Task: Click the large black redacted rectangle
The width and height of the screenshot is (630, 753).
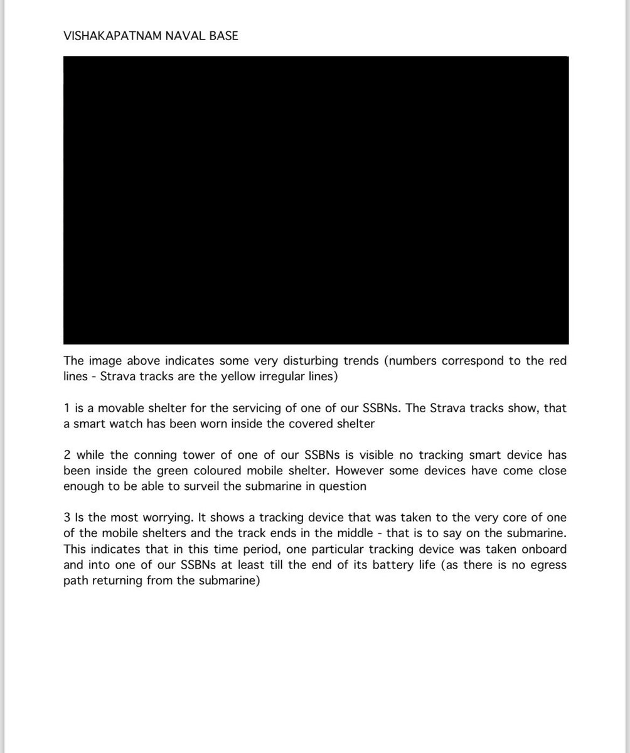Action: (x=316, y=200)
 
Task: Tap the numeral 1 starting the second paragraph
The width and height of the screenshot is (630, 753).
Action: (x=67, y=409)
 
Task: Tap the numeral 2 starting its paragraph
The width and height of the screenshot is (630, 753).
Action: (x=67, y=455)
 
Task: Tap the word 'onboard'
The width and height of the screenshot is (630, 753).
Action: (x=544, y=549)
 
